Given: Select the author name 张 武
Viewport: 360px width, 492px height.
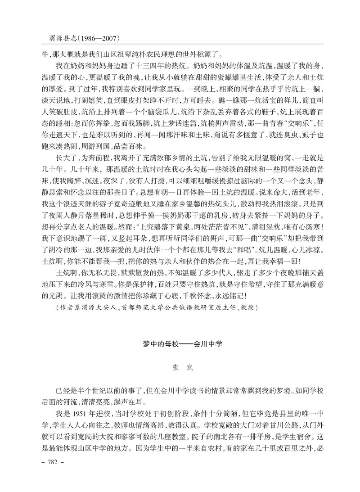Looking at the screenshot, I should coord(180,368).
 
